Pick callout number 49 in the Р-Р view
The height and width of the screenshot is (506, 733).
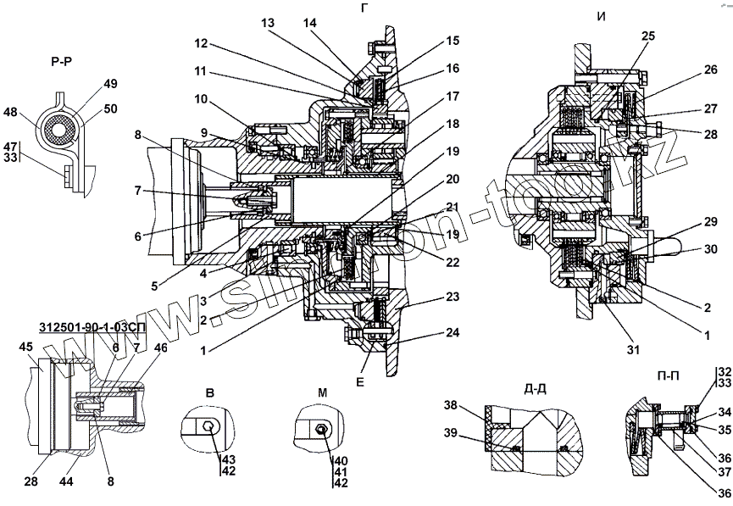[x=110, y=83]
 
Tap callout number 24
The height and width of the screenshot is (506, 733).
[x=453, y=332]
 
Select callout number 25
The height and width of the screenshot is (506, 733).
[x=648, y=36]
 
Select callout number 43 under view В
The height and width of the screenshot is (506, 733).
[x=229, y=459]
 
